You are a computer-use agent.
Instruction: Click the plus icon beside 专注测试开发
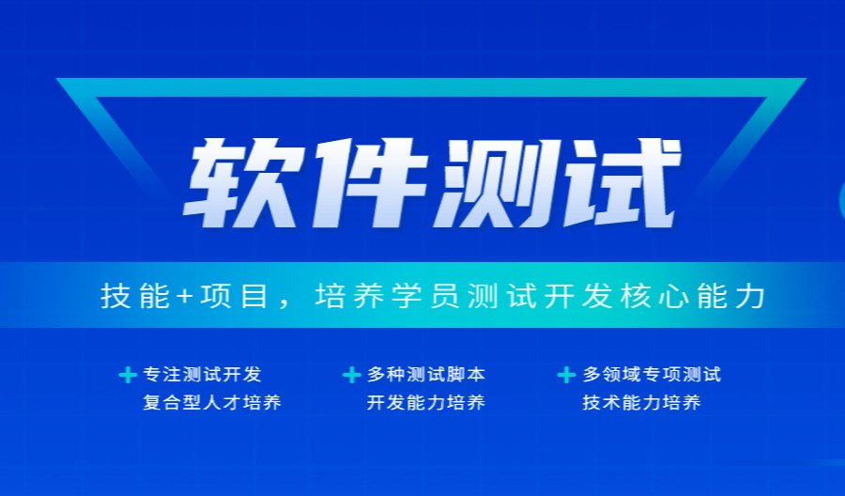coord(127,376)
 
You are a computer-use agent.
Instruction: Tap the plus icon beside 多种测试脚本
coord(351,376)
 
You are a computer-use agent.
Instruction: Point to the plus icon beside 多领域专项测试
coord(566,376)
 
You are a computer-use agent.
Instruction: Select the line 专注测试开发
coord(202,375)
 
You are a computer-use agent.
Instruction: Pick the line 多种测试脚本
coord(425,375)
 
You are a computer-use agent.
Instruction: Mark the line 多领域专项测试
coord(652,375)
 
